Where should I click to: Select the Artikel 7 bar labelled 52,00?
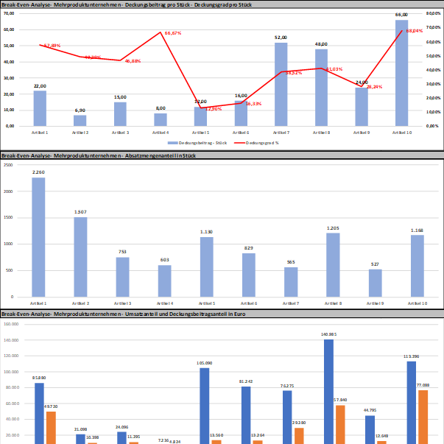pyautogui.click(x=281, y=85)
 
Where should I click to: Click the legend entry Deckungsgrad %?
pyautogui.click(x=258, y=142)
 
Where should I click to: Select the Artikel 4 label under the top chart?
pyautogui.click(x=160, y=133)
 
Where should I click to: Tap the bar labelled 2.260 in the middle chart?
pyautogui.click(x=38, y=236)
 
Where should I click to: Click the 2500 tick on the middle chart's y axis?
pyautogui.click(x=7, y=165)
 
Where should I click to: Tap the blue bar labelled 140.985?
pyautogui.click(x=328, y=390)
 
